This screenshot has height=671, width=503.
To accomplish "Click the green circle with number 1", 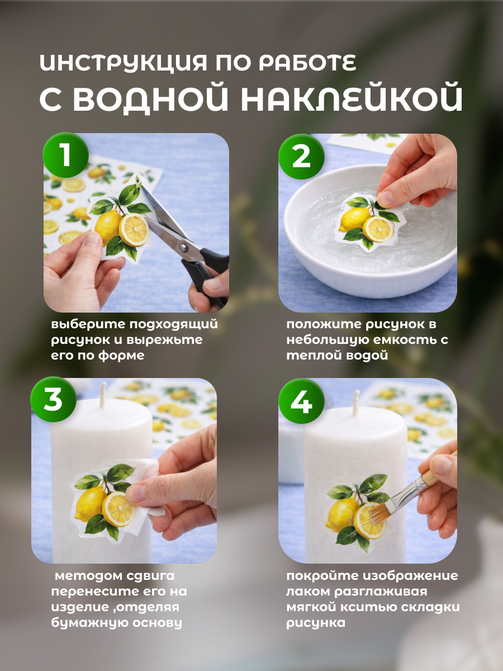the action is [x=65, y=155].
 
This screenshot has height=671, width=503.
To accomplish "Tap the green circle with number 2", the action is [x=301, y=156].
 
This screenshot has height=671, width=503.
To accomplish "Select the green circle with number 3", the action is [x=53, y=400].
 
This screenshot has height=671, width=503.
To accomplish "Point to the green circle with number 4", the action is [x=301, y=401].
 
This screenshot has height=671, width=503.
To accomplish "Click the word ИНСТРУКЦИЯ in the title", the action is [x=124, y=63].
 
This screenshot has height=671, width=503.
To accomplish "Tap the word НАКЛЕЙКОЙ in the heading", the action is [x=353, y=98].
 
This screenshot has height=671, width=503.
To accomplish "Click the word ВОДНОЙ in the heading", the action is [x=150, y=98].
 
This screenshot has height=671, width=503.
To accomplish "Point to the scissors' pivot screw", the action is [x=183, y=247].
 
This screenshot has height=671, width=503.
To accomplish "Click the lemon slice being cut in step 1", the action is [x=134, y=229].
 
